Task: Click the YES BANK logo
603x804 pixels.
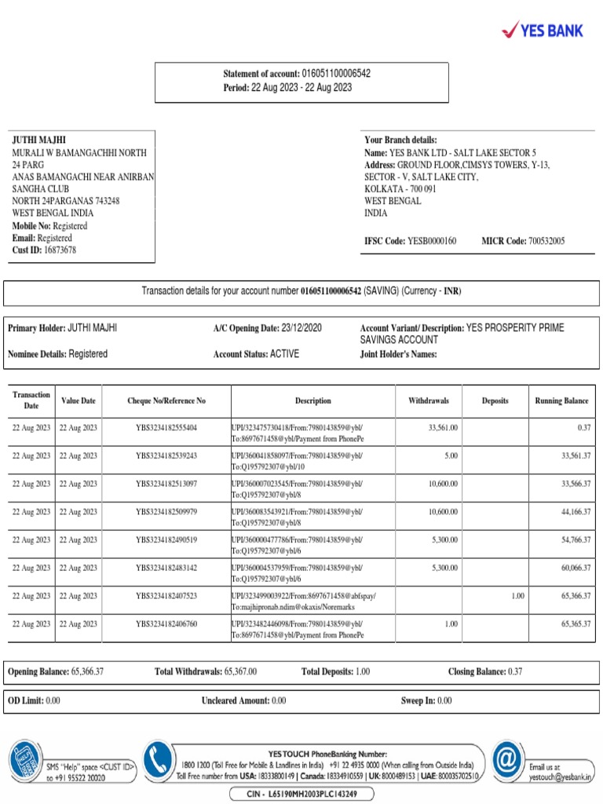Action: [543, 30]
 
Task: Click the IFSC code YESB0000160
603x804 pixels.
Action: [432, 241]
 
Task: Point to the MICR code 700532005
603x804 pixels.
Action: [546, 241]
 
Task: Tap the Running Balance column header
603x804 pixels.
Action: [561, 400]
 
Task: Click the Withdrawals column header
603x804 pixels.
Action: [429, 400]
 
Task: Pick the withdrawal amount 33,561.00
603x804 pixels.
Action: [443, 428]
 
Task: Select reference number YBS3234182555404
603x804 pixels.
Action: [166, 428]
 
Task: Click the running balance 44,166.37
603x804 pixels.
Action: [576, 512]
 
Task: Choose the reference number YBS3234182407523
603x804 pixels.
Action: [166, 596]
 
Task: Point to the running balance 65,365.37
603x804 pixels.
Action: [576, 624]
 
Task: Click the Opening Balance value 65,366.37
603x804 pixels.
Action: [87, 672]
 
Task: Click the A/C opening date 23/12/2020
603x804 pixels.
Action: [295, 327]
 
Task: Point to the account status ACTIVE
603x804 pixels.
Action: [284, 354]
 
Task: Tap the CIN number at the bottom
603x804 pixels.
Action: [301, 794]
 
